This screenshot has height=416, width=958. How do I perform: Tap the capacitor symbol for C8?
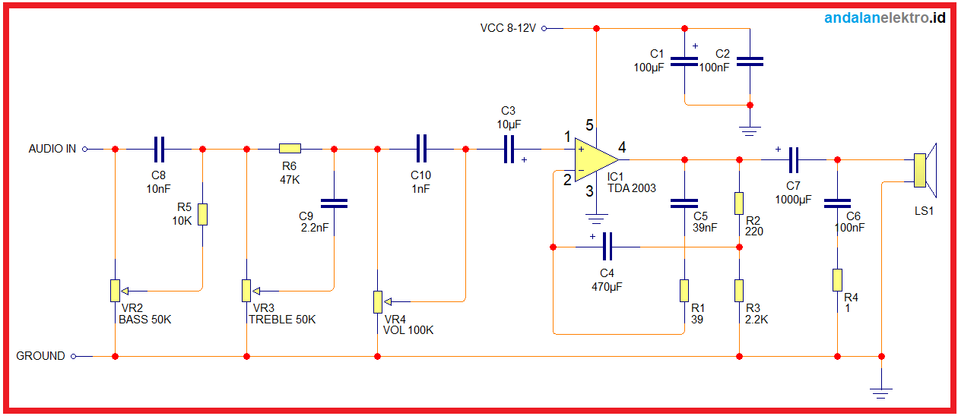click(x=159, y=150)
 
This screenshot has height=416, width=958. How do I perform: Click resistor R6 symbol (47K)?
click(x=290, y=150)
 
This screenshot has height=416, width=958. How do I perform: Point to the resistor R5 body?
click(x=202, y=214)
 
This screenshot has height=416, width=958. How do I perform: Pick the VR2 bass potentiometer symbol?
click(x=115, y=290)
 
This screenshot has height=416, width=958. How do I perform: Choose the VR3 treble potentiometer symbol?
click(x=246, y=290)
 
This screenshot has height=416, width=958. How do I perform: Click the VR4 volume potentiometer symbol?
click(x=377, y=301)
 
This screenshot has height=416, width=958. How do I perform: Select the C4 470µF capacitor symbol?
click(x=607, y=247)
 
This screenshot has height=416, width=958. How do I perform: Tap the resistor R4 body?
click(x=837, y=279)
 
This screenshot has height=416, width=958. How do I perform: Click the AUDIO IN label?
click(x=52, y=150)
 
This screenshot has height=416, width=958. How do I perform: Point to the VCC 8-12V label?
click(x=508, y=28)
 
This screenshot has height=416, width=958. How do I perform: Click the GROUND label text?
click(x=40, y=356)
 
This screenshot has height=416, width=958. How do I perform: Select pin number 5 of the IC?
click(x=588, y=124)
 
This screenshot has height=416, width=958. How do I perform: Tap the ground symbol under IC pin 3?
click(x=597, y=220)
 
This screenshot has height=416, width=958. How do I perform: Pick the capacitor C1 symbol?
click(x=684, y=61)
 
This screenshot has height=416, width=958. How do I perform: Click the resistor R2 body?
click(x=739, y=203)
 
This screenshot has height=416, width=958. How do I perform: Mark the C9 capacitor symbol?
click(x=334, y=203)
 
